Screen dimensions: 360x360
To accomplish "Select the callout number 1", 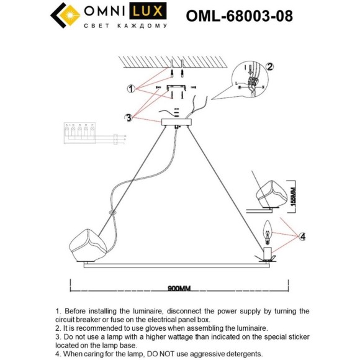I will click(131, 89).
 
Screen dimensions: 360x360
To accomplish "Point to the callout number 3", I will click(128, 117).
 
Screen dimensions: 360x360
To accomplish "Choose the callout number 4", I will click(302, 236).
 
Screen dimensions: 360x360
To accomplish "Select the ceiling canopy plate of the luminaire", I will click(176, 122).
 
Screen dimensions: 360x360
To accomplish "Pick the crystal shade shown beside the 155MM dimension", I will click(272, 193).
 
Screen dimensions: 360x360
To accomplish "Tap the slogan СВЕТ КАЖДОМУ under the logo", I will click(125, 27).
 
